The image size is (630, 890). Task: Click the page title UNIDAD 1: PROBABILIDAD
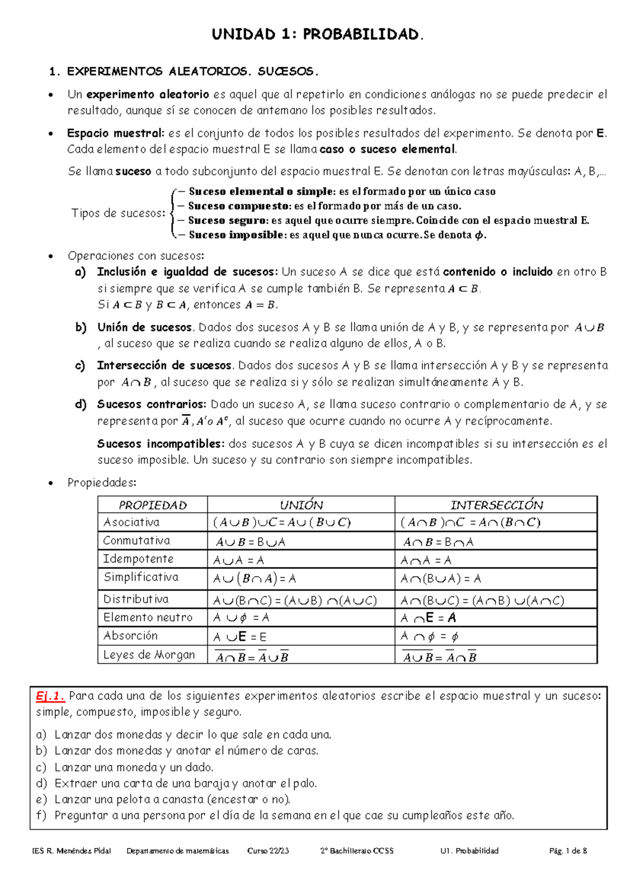pyautogui.click(x=317, y=35)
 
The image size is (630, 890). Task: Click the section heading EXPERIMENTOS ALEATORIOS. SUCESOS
pyautogui.click(x=192, y=71)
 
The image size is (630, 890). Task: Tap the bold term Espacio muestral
pyautogui.click(x=115, y=133)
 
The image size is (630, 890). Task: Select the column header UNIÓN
pyautogui.click(x=301, y=505)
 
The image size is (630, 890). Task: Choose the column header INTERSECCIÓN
pyautogui.click(x=496, y=505)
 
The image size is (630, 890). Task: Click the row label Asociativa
pyautogui.click(x=131, y=522)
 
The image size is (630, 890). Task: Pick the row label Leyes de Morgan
pyautogui.click(x=149, y=654)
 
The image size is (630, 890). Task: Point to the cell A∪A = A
pyautogui.click(x=238, y=560)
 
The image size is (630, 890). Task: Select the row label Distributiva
pyautogui.click(x=136, y=599)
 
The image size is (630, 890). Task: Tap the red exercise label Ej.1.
pyautogui.click(x=50, y=696)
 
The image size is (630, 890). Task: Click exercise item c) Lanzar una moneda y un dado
pyautogui.click(x=134, y=767)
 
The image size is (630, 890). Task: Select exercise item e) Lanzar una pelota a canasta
pyautogui.click(x=172, y=799)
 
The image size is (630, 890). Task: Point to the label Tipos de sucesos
pyautogui.click(x=118, y=213)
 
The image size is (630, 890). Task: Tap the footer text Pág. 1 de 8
pyautogui.click(x=568, y=851)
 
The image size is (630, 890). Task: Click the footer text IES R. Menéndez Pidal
pyautogui.click(x=71, y=851)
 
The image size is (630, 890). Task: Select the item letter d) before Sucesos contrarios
pyautogui.click(x=80, y=405)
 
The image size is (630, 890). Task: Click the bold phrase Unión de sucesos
pyautogui.click(x=144, y=327)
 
